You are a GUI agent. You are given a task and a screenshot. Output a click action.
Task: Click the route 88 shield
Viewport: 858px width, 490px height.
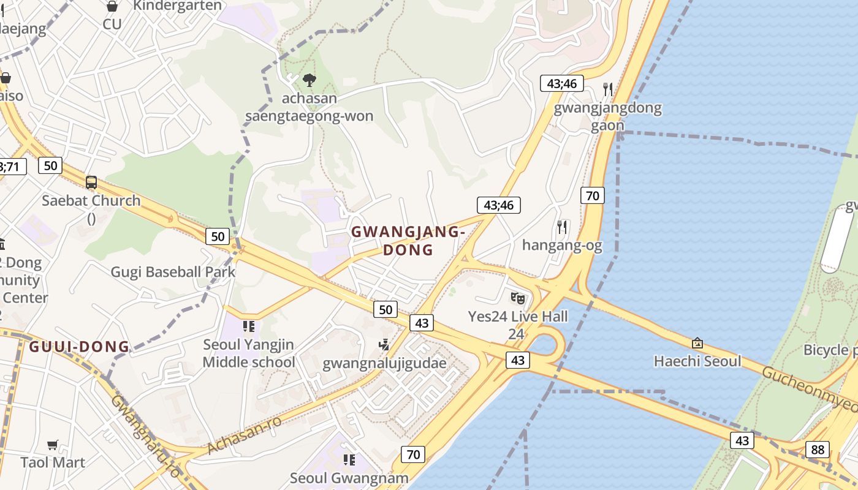point(818,449)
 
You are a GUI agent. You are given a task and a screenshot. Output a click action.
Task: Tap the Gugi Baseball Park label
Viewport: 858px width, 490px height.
point(173,272)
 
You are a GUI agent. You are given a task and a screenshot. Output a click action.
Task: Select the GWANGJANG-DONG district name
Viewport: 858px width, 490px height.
point(408,241)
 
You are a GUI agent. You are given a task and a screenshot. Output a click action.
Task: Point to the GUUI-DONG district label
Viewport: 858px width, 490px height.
point(80,347)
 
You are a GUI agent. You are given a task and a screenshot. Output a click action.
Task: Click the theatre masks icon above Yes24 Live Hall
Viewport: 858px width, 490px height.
point(518,298)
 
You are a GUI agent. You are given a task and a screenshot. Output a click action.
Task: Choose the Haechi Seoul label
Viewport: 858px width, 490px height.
point(697,361)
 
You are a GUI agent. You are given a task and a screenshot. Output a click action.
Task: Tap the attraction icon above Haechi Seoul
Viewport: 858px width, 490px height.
point(697,343)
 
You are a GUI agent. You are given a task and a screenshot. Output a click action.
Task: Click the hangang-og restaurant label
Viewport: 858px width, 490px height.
point(562,246)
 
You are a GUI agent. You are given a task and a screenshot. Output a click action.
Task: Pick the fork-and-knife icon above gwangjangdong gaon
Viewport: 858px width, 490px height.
point(608,89)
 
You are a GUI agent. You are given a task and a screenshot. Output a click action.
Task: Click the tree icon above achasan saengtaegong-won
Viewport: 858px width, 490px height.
point(309,80)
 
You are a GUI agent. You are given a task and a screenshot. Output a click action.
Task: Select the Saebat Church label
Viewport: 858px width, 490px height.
point(91,200)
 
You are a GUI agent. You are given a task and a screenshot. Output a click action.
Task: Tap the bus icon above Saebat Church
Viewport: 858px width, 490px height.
point(91,182)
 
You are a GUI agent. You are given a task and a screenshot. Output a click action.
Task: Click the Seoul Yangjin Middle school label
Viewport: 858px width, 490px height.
point(248,353)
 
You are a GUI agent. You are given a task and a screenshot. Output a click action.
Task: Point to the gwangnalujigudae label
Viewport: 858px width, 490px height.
point(384,363)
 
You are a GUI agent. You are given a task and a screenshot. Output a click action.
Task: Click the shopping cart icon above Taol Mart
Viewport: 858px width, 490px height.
point(53,445)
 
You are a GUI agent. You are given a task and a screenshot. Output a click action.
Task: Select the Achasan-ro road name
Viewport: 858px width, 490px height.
point(245,434)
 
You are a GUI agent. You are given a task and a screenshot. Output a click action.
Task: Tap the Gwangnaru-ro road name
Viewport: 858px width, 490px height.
point(146,435)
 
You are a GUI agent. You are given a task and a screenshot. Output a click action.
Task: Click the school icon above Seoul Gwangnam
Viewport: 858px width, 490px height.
point(349,459)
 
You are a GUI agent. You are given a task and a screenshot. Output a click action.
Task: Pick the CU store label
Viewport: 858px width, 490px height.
point(112,24)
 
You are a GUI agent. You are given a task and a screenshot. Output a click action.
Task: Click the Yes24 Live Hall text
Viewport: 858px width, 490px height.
point(518,317)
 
